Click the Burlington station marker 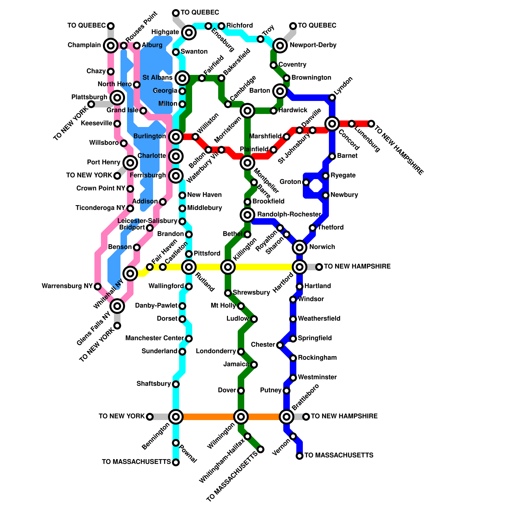176,137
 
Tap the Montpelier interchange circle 247,163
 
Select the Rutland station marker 189,267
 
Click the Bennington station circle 176,416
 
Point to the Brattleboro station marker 287,416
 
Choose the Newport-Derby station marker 280,46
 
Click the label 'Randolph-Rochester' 289,214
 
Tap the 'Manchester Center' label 155,338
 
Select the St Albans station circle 182,78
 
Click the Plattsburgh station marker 117,97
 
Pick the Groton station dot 306,182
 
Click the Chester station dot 280,345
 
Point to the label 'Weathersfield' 319,318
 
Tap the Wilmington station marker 241,416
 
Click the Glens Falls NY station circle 117,306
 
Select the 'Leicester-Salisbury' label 147,221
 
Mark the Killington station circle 228,267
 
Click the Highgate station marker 189,33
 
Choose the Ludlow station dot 254,319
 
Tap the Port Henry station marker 130,162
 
